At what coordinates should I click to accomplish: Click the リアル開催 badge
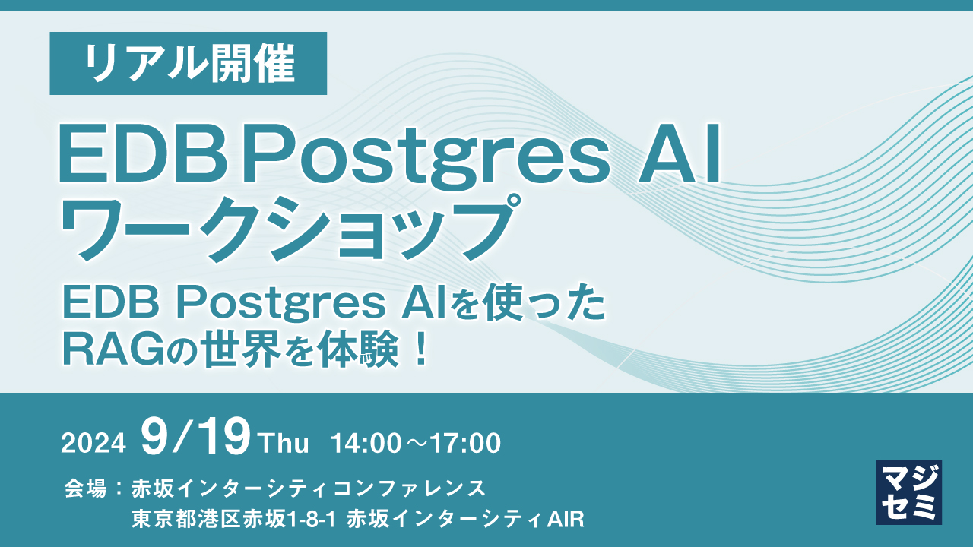(x=189, y=64)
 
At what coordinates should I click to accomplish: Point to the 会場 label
(x=85, y=487)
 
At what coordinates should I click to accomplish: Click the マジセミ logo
(x=908, y=492)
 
